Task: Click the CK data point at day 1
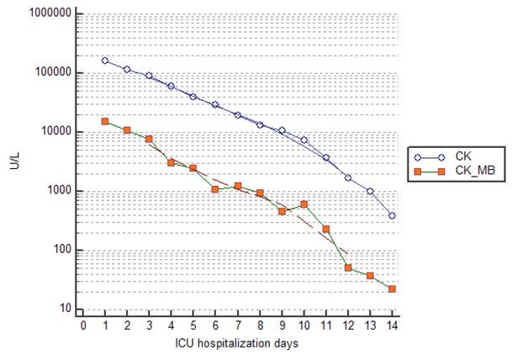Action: click(105, 61)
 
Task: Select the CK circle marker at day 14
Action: click(392, 216)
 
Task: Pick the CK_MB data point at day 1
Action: click(105, 121)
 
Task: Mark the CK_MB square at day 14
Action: click(392, 289)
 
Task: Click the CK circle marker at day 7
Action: click(237, 115)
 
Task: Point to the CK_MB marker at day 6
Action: click(215, 189)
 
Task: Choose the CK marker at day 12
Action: click(348, 177)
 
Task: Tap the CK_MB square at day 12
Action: click(348, 267)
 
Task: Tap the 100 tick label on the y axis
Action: click(58, 250)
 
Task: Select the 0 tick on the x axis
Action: click(82, 324)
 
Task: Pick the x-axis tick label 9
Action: click(282, 324)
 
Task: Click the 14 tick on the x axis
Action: click(392, 324)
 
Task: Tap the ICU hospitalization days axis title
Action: click(237, 344)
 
